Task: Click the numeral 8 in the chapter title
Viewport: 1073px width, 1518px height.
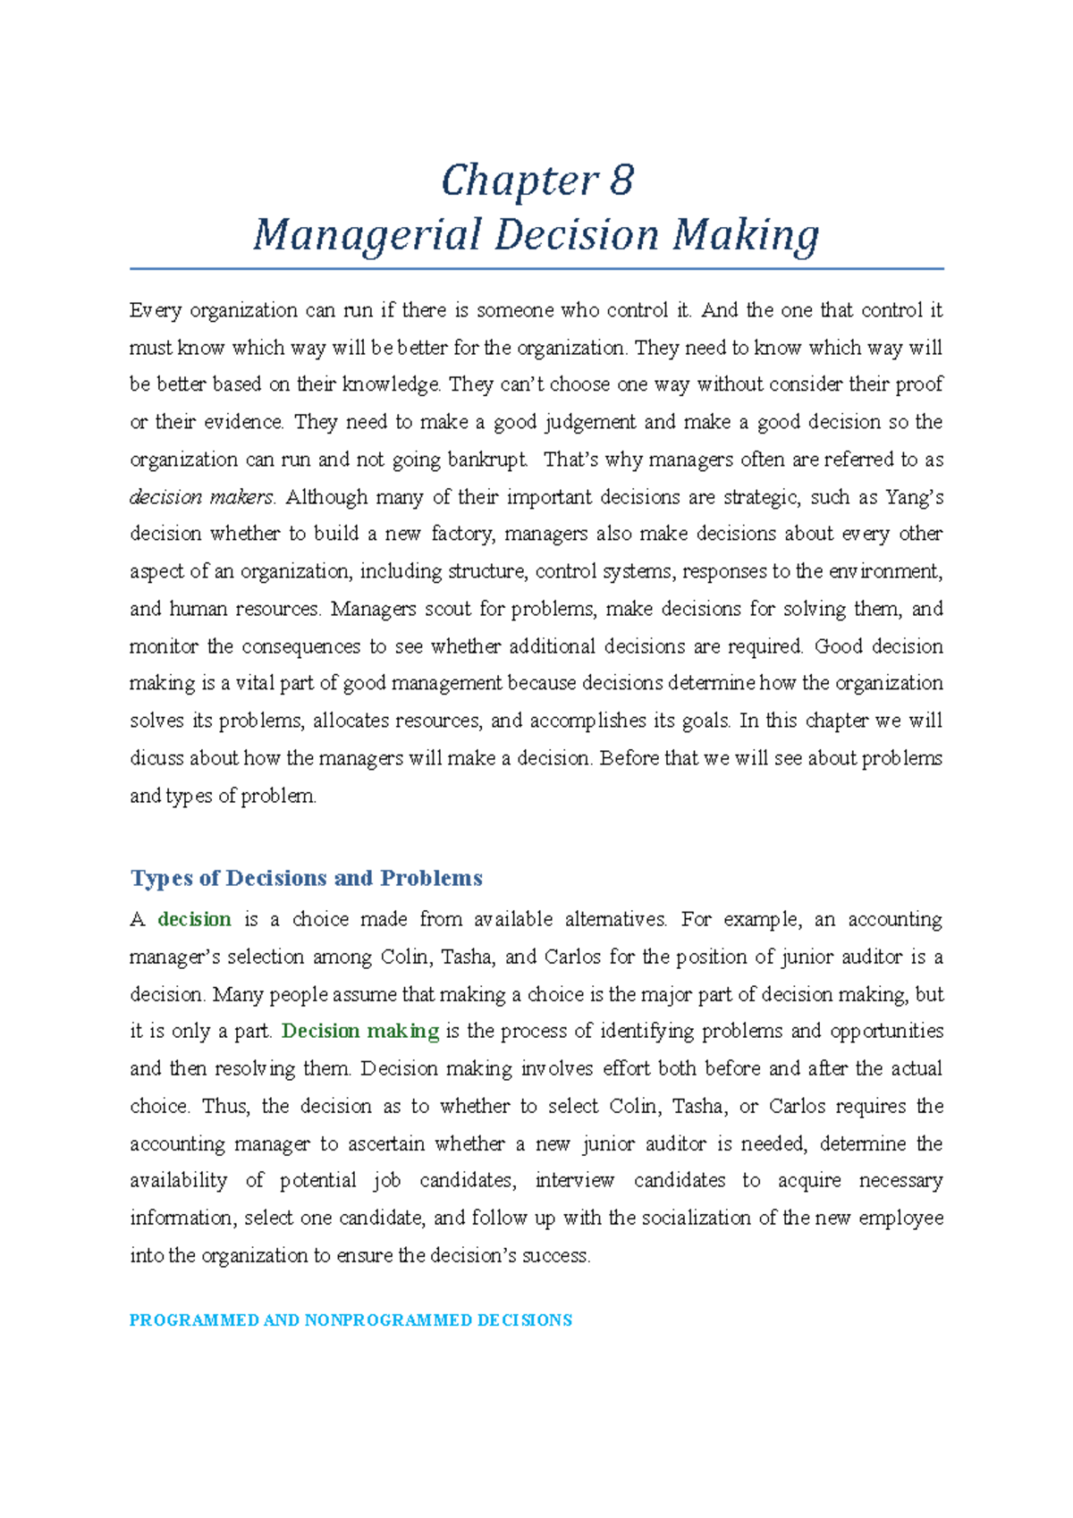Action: [x=621, y=181]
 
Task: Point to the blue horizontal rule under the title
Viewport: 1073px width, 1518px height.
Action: [x=536, y=268]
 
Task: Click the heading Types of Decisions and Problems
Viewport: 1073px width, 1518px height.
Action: [x=306, y=878]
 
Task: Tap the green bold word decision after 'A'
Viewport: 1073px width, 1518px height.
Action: [x=194, y=919]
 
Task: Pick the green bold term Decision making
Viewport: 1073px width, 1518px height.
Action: [x=360, y=1031]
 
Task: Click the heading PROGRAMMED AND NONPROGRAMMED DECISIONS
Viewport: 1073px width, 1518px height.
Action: [x=351, y=1320]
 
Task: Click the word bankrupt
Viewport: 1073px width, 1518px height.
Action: [x=487, y=460]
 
